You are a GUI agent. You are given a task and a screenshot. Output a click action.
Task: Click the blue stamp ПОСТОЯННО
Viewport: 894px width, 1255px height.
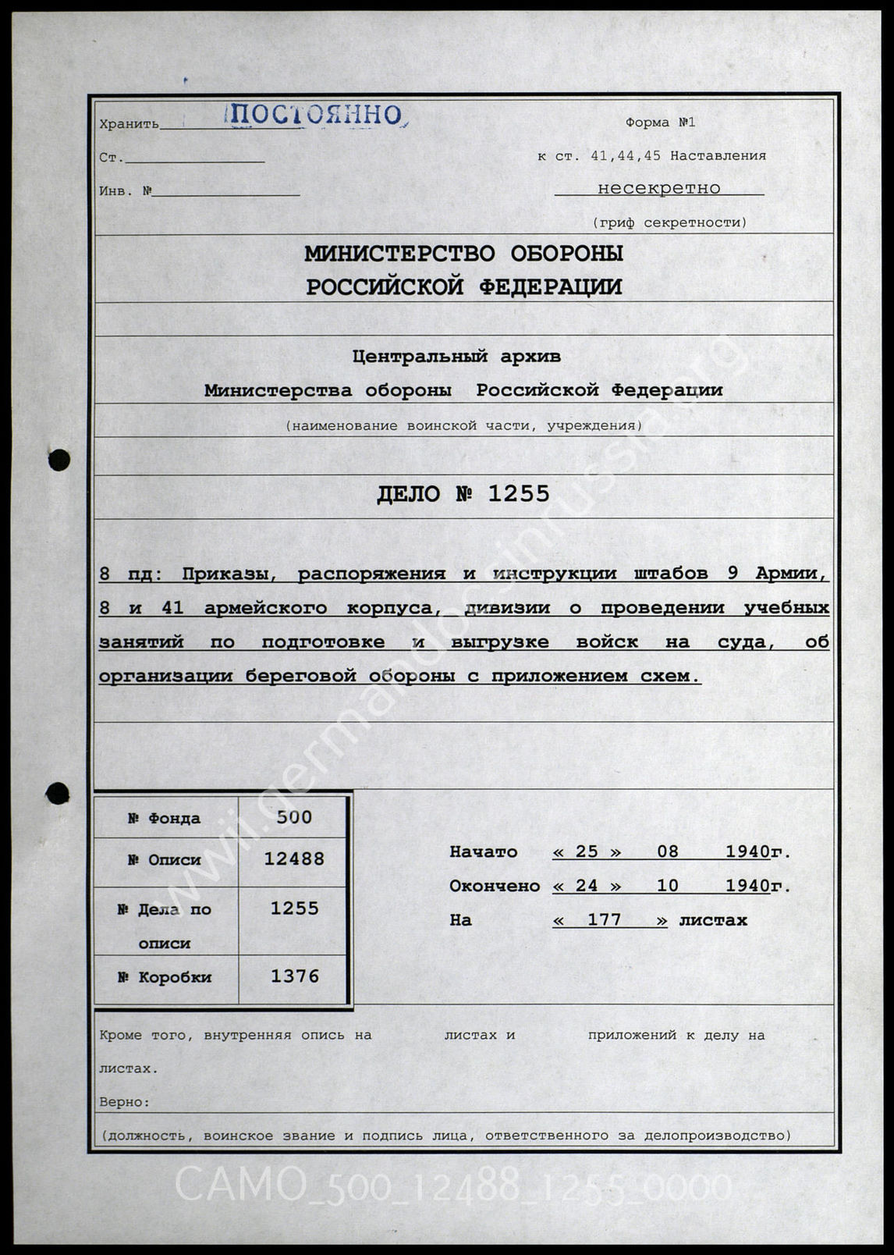click(x=315, y=116)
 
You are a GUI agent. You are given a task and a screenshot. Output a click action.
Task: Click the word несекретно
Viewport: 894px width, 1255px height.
click(x=658, y=188)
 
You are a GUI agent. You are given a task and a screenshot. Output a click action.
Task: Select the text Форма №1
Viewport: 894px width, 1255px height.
click(x=659, y=123)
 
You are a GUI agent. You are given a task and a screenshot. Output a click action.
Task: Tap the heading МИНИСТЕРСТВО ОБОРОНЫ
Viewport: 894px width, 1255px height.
click(x=463, y=254)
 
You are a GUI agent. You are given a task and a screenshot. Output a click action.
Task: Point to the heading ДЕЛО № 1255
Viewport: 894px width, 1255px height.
click(x=463, y=494)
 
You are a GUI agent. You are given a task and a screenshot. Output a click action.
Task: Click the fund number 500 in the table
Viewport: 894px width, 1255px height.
click(x=294, y=817)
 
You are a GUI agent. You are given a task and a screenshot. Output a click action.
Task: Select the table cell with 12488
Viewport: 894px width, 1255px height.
click(x=294, y=859)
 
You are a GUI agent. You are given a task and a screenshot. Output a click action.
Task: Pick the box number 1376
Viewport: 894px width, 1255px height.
click(x=294, y=976)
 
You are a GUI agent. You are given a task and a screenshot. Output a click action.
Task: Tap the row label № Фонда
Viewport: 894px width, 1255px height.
click(x=165, y=819)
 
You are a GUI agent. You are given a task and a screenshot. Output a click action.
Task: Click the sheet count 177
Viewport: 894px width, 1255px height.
click(x=604, y=920)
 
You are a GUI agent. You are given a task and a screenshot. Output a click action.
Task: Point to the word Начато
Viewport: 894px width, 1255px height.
click(x=484, y=852)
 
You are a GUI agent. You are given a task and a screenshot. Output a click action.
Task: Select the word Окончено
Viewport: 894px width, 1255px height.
click(x=495, y=887)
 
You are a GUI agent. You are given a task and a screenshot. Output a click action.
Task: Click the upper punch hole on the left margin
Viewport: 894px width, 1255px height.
click(x=59, y=460)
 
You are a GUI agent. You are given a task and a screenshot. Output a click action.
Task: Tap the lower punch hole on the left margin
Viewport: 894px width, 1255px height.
click(x=58, y=794)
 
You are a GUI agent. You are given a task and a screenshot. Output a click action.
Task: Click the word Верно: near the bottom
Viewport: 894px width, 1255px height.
click(x=125, y=1102)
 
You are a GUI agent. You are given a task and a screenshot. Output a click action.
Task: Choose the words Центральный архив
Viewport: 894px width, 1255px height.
click(x=456, y=357)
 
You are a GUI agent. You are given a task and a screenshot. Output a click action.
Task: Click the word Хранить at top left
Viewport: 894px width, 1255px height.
click(x=129, y=124)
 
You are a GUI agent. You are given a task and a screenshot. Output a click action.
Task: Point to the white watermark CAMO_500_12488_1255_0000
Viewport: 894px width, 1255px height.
click(x=452, y=1187)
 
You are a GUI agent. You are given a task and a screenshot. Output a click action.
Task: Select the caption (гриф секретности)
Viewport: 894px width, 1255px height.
click(x=669, y=222)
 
